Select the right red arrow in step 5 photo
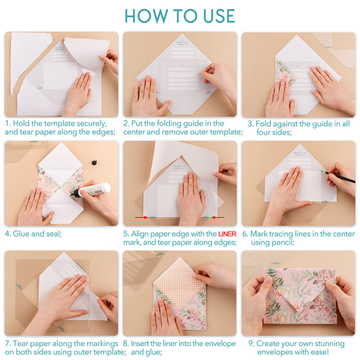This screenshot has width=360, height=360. pos(219,217)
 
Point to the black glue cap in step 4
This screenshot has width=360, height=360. pos(94,162)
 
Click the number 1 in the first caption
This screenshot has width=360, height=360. pos(7,124)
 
